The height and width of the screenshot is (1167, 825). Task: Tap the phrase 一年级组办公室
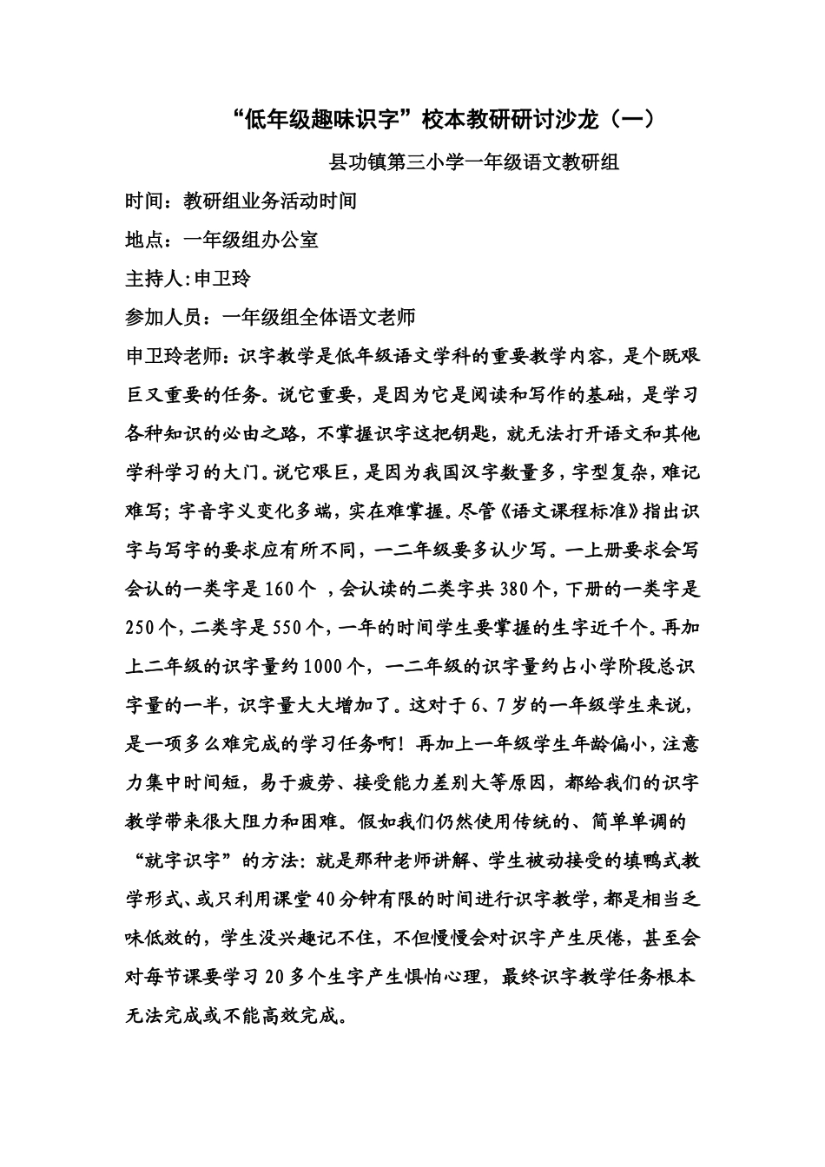(251, 240)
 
